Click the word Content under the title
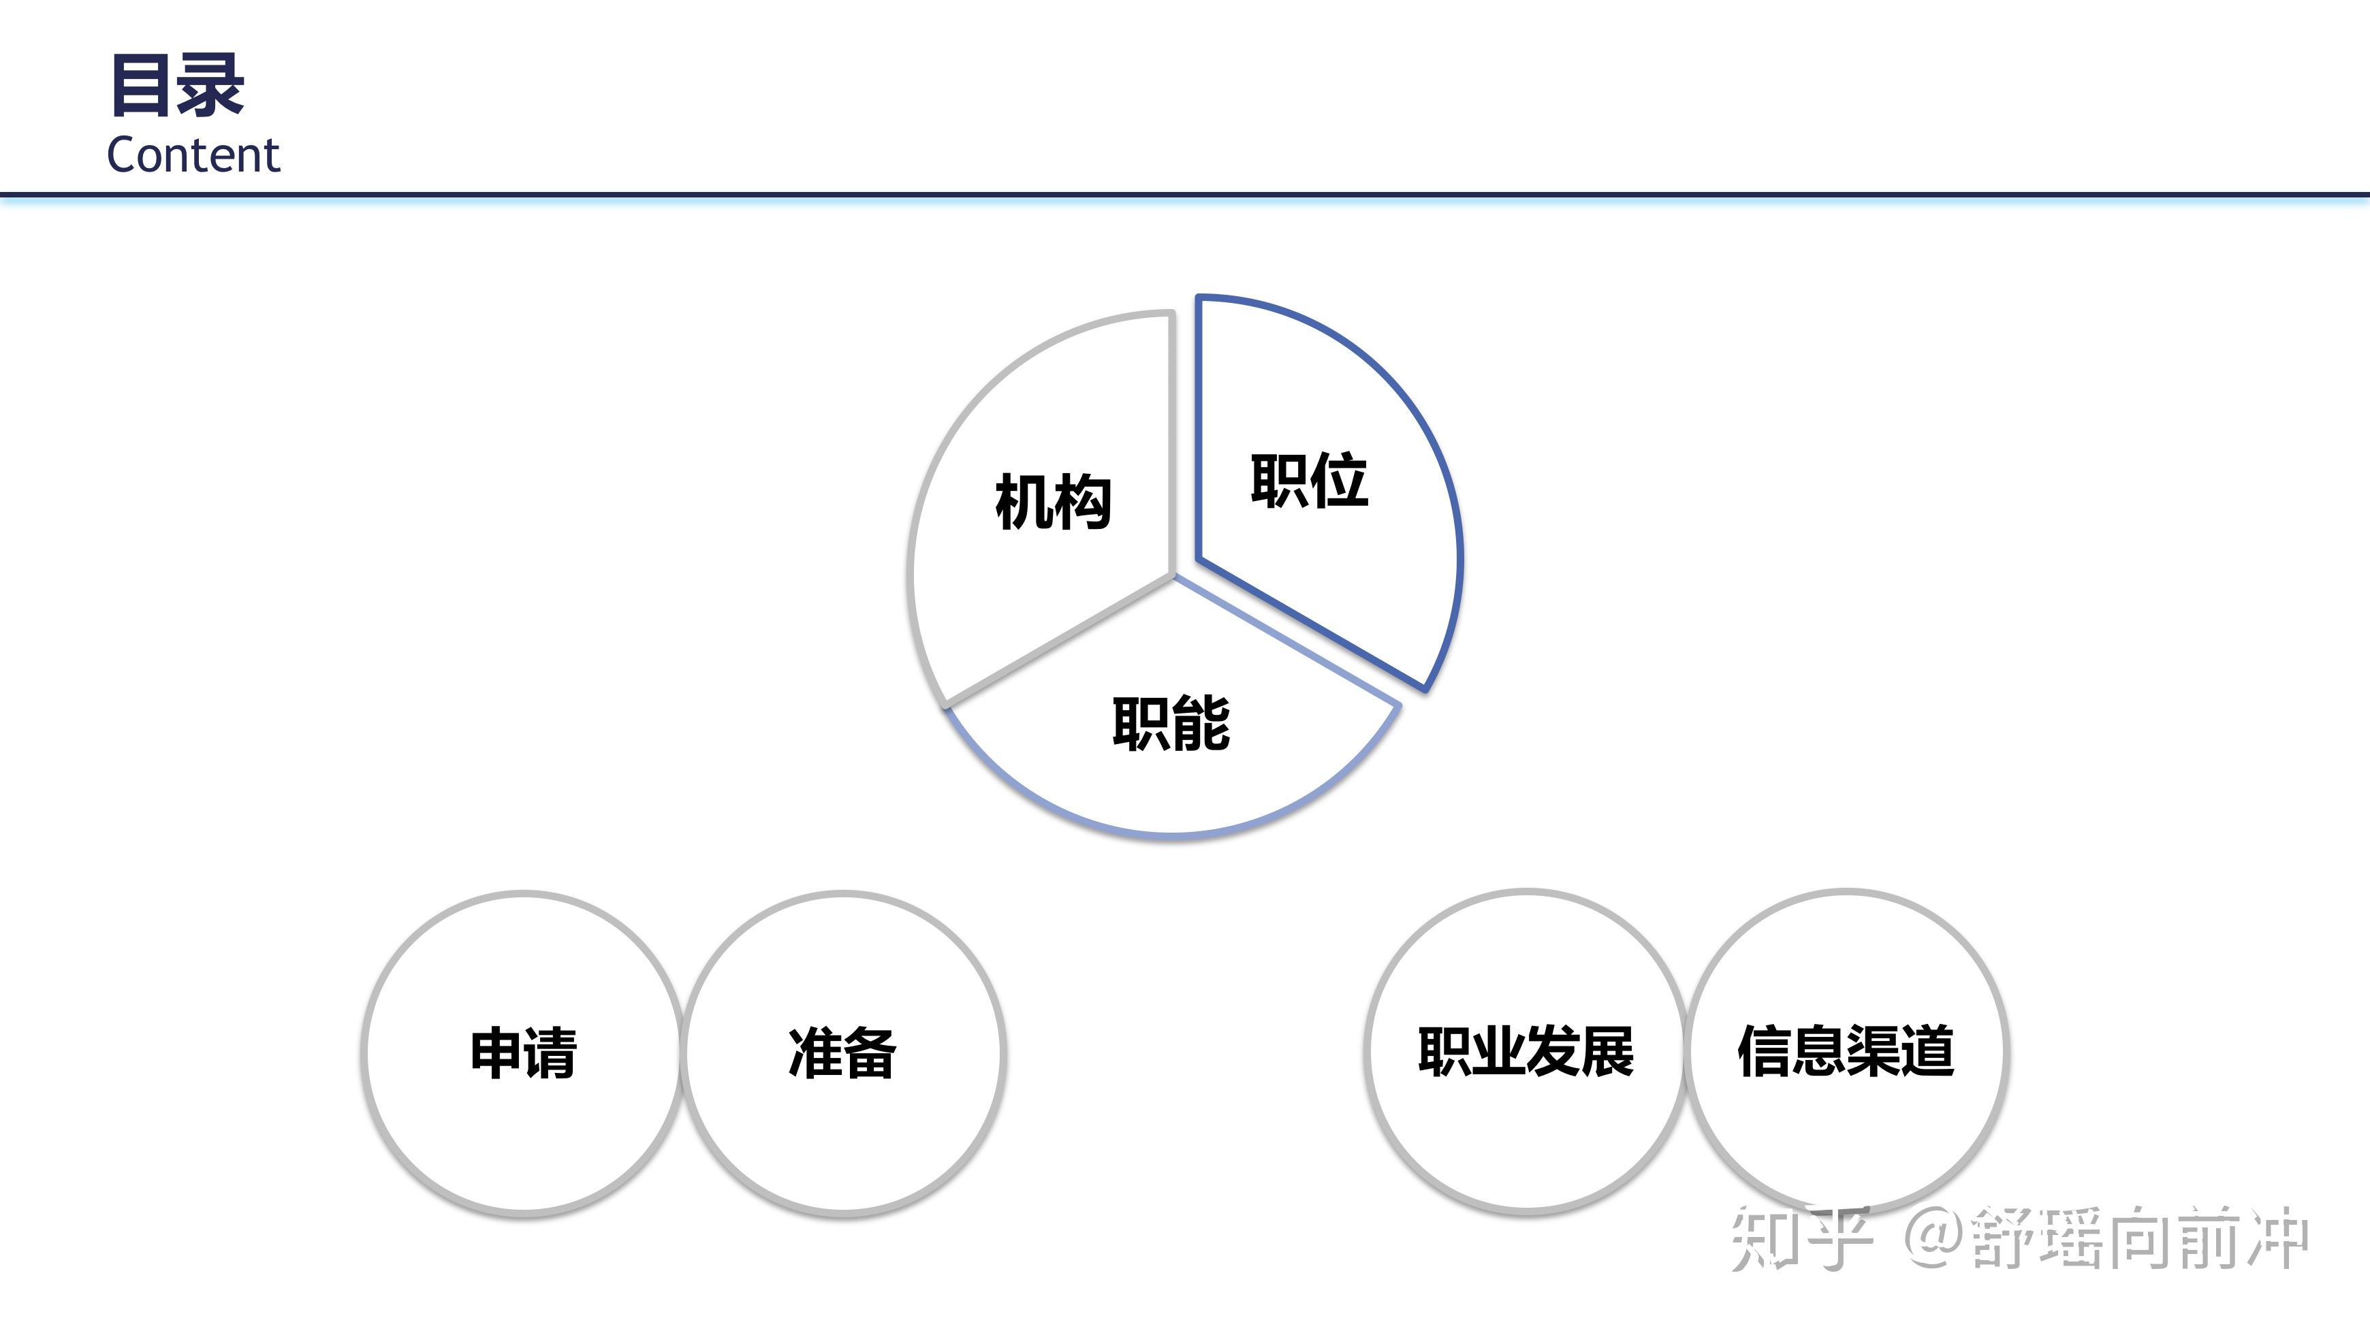point(193,155)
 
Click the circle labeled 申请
point(522,1053)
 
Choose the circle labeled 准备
point(842,1053)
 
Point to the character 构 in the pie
point(1083,503)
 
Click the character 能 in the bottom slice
point(1201,724)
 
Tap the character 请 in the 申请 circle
point(550,1053)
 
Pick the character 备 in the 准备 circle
point(870,1053)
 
